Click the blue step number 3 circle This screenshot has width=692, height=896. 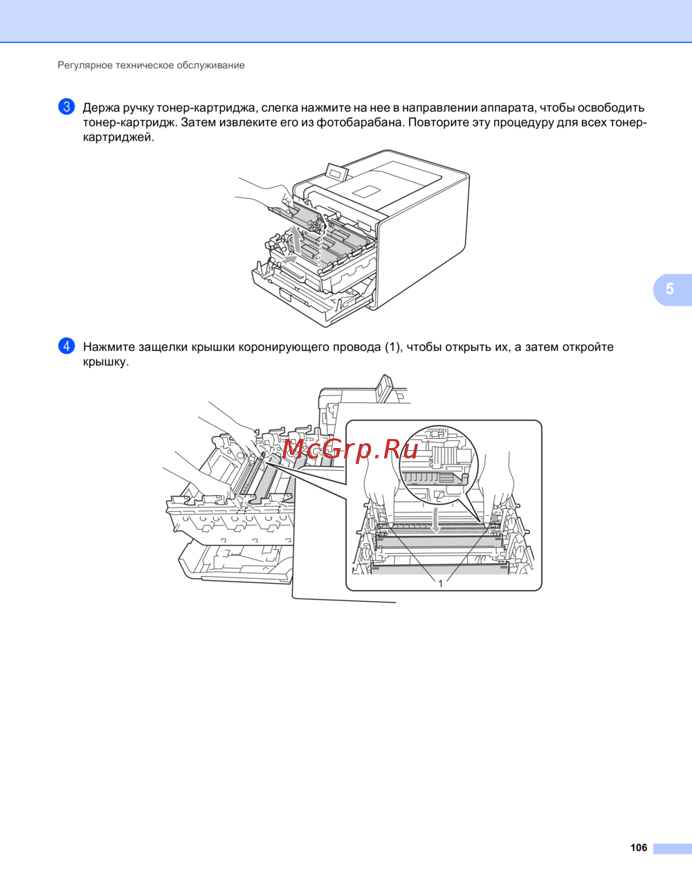click(66, 107)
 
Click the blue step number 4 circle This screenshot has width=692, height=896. click(66, 346)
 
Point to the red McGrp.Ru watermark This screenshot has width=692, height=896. click(350, 449)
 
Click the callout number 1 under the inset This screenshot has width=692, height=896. click(441, 584)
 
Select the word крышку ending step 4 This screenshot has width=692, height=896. click(106, 362)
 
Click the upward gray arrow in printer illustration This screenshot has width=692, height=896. click(295, 239)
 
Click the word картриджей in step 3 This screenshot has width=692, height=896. click(118, 138)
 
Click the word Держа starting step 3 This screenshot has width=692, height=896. click(101, 108)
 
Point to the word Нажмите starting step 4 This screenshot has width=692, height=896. click(109, 347)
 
